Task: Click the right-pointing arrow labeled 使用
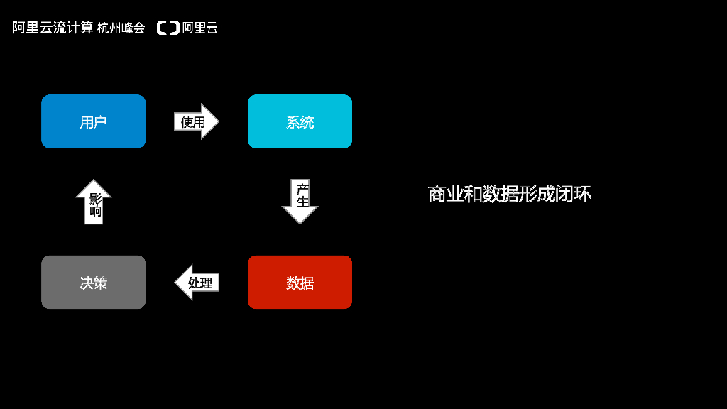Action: [196, 121]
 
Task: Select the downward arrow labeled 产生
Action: [300, 201]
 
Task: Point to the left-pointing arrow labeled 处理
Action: [197, 283]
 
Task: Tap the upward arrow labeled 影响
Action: [94, 202]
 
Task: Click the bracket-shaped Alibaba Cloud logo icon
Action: [168, 28]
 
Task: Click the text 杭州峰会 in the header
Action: [121, 28]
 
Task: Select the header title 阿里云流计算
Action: [53, 28]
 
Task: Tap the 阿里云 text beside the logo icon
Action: [199, 28]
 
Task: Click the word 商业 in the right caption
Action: [446, 194]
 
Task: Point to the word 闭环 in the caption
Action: [573, 194]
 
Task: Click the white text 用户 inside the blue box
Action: [93, 122]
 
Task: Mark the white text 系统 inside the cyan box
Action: [300, 122]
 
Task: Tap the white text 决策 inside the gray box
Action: [93, 283]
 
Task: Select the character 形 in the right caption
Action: [528, 194]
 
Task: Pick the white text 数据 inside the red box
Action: [300, 283]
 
